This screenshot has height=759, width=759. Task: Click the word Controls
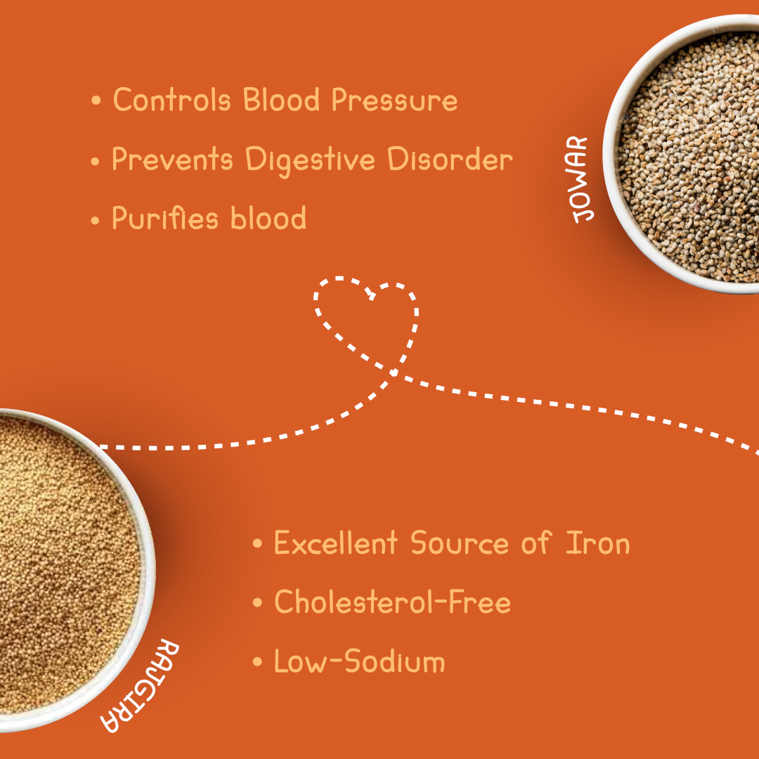(171, 100)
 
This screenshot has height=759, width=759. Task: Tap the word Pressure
(394, 100)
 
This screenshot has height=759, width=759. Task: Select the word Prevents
(172, 159)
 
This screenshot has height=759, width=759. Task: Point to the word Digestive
(311, 161)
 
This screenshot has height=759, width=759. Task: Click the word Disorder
(450, 159)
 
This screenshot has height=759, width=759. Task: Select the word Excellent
(336, 543)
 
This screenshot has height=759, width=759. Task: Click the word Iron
(598, 543)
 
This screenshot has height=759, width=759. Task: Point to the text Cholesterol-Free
(393, 602)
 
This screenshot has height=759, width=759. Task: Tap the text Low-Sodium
(359, 661)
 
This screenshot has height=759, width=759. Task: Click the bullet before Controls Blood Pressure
(96, 100)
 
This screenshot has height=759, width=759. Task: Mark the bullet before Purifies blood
(95, 220)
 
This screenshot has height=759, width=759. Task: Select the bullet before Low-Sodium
(257, 661)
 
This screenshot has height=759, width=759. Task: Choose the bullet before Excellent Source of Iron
(257, 543)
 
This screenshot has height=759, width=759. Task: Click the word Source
(460, 543)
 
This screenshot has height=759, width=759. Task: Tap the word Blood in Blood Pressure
(281, 100)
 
